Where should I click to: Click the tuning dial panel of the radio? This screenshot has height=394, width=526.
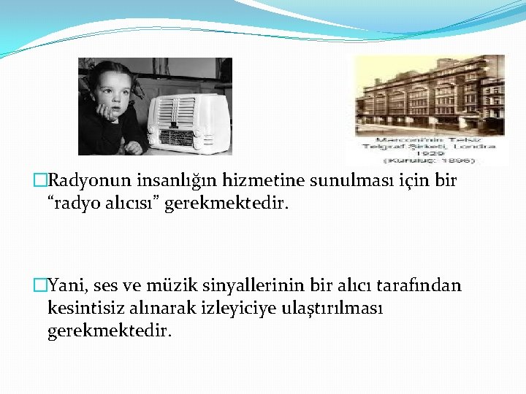tap(176, 137)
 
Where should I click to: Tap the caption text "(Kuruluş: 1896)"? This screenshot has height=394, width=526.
tap(427, 160)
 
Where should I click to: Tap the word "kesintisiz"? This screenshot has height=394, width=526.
tap(84, 308)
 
